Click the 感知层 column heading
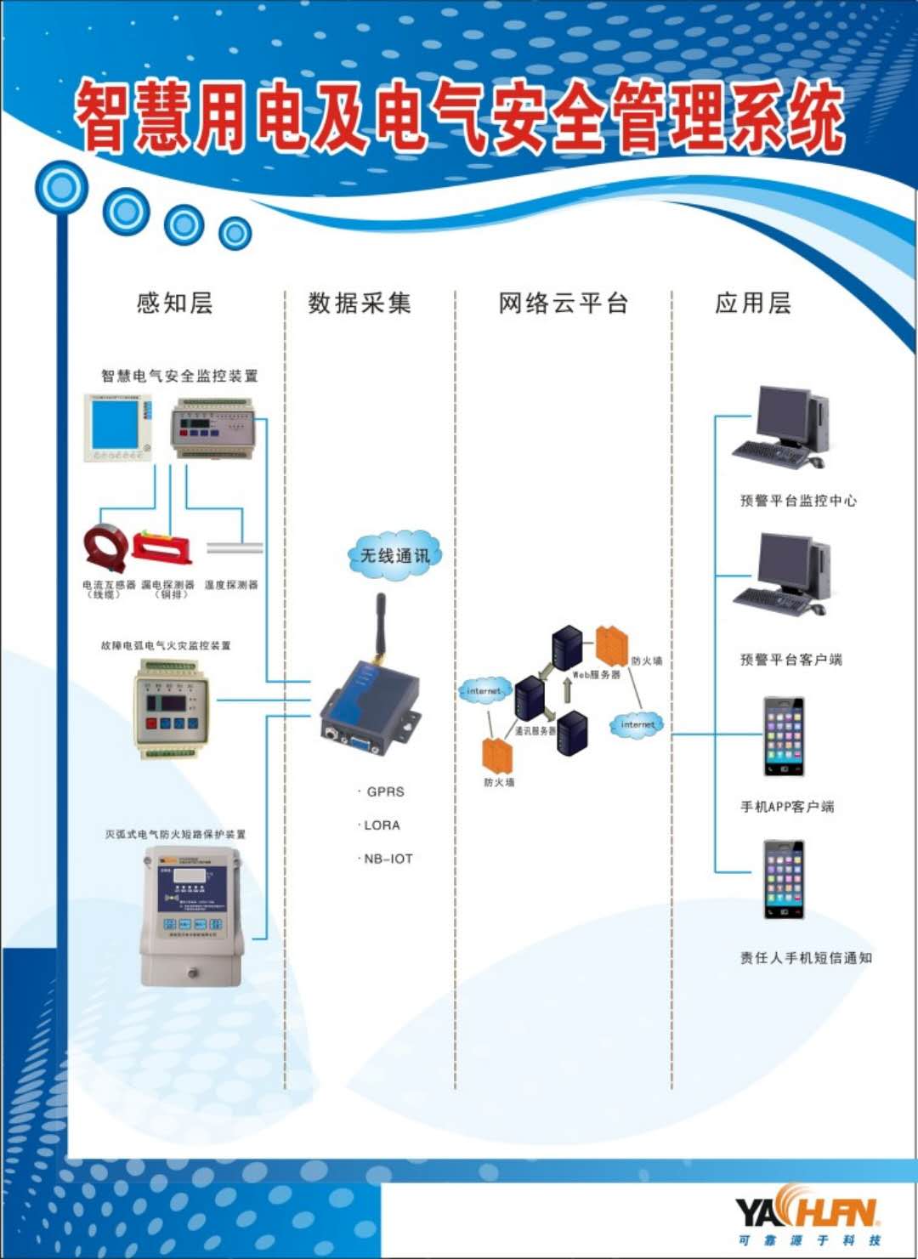coord(175,303)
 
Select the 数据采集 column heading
coord(360,303)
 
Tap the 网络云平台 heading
coord(563,303)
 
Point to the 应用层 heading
coord(753,303)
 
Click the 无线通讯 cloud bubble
coord(395,556)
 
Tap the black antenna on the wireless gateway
coord(381,625)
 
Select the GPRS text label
coord(385,791)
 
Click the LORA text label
coord(382,825)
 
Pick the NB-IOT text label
coord(388,859)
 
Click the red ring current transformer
coord(105,547)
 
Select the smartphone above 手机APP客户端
coord(783,736)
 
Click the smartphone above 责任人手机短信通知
coord(783,879)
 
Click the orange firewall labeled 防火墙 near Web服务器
coord(611,646)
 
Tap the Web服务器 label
coord(596,675)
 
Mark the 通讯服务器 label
coord(535,731)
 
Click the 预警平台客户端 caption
coord(790,660)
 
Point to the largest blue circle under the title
coord(61,188)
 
